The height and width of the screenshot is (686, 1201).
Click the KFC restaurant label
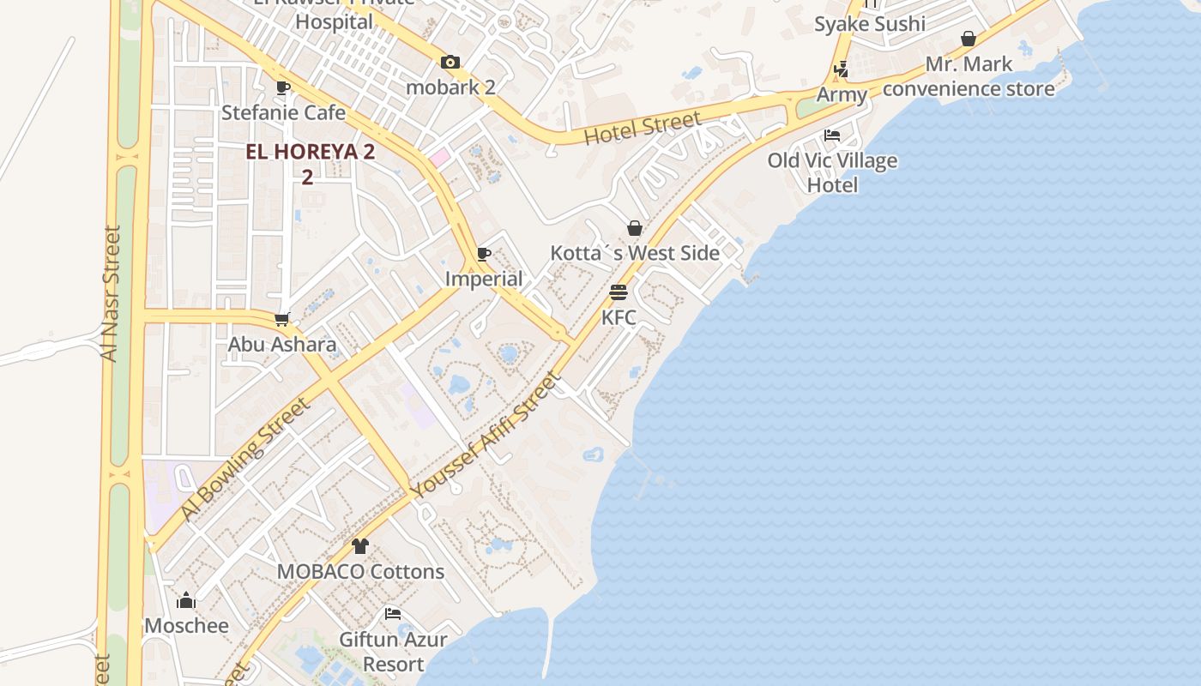(x=619, y=317)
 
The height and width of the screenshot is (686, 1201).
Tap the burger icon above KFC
(x=619, y=292)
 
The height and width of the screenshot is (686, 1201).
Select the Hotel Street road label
(x=643, y=128)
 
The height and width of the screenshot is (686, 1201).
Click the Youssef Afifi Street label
(x=486, y=435)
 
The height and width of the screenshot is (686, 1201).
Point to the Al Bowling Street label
(x=244, y=459)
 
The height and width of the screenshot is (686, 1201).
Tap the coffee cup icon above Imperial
(x=484, y=254)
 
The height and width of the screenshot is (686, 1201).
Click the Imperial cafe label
(x=484, y=279)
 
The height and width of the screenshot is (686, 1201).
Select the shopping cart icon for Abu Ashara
(x=281, y=319)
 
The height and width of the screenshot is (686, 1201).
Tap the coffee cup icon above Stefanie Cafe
(x=283, y=87)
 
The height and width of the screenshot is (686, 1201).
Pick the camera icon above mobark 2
(x=450, y=62)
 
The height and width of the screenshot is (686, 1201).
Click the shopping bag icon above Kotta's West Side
(x=635, y=228)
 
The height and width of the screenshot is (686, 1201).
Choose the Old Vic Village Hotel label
(x=832, y=172)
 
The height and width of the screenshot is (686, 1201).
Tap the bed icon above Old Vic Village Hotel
(x=832, y=135)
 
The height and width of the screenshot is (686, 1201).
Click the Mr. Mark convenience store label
(x=969, y=76)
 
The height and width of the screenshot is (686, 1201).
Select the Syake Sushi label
(x=870, y=24)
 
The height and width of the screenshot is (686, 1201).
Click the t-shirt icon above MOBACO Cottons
(x=360, y=546)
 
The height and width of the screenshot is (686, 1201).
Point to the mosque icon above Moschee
(x=186, y=600)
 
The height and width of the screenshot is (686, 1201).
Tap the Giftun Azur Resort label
(x=393, y=652)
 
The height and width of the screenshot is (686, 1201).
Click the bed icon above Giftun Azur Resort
(x=393, y=614)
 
